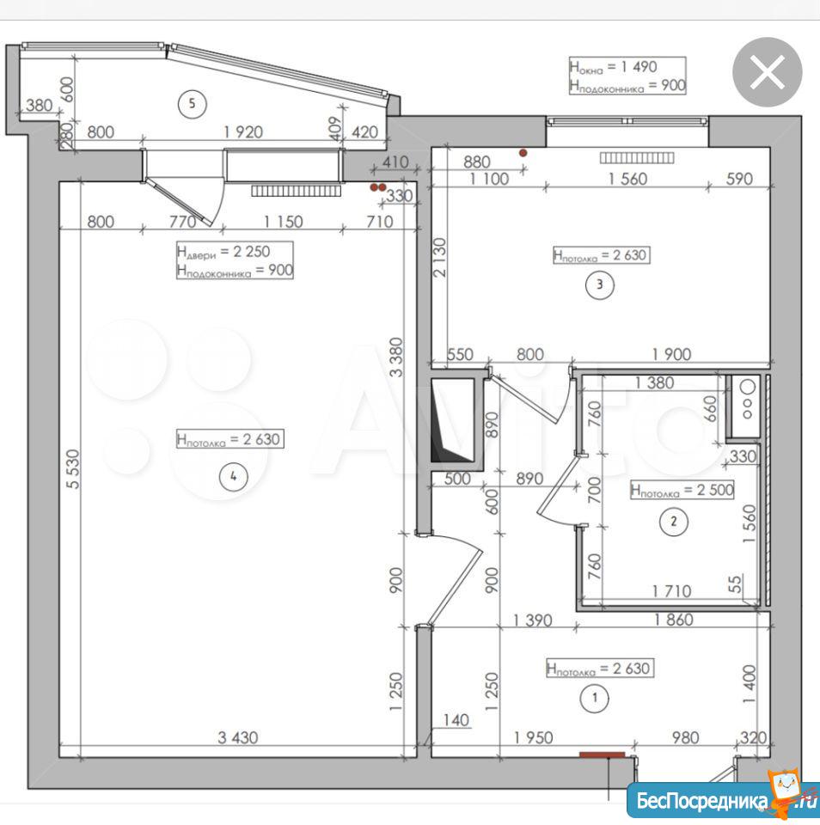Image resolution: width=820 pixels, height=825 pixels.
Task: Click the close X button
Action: (768, 72)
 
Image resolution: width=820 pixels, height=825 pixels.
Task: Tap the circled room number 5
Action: (192, 104)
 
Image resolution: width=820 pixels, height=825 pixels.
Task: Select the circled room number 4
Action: (234, 477)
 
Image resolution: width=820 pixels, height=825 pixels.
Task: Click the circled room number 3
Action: (600, 285)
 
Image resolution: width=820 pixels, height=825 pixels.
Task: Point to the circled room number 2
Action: (674, 522)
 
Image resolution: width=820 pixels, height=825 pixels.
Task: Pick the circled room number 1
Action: (595, 698)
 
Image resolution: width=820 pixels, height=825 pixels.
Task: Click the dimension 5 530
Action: (74, 469)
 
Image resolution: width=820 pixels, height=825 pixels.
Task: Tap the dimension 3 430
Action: (238, 737)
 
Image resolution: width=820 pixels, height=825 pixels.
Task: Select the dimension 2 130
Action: (439, 257)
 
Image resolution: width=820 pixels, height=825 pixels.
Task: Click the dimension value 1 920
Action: (243, 131)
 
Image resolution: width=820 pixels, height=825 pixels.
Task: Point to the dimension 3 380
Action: (397, 357)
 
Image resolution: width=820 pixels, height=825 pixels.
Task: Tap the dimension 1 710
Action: (671, 591)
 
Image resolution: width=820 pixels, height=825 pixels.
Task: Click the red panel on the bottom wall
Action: (602, 755)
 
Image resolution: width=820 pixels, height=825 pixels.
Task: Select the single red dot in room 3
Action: (523, 153)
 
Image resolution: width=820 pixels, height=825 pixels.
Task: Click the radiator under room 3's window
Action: (637, 157)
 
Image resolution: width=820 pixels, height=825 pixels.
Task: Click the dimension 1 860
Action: (674, 620)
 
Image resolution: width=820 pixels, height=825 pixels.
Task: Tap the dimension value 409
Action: (335, 128)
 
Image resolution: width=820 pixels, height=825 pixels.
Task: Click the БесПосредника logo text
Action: (702, 802)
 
